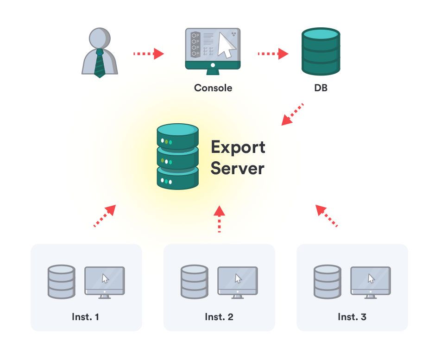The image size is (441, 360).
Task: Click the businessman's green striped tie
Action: pos(100,63)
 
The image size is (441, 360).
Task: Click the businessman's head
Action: pos(100,38)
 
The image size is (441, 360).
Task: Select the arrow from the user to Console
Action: pos(149,53)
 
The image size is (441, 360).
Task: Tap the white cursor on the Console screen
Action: pos(227,45)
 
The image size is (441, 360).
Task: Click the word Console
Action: pos(213,88)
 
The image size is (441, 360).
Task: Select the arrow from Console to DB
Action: pos(273,53)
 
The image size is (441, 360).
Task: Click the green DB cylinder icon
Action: pos(321,51)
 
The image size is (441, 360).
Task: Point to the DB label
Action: pos(321,88)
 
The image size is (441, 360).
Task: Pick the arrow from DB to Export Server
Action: pos(292,114)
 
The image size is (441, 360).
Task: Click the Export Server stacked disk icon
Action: pos(178,157)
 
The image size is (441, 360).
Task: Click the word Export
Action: pos(238,147)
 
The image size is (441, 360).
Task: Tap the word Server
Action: pos(237,169)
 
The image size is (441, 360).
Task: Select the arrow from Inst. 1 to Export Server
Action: pos(105,216)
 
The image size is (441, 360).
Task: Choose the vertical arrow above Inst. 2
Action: pos(220,219)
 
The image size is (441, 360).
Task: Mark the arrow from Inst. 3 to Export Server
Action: pos(326,216)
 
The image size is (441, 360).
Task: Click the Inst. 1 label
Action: pos(86,317)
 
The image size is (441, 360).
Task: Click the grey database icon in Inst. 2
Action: pos(195,282)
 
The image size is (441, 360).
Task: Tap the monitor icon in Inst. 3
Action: pos(371,282)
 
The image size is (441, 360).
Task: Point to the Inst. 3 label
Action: pos(352,317)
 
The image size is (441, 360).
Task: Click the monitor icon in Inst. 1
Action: pos(105,282)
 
